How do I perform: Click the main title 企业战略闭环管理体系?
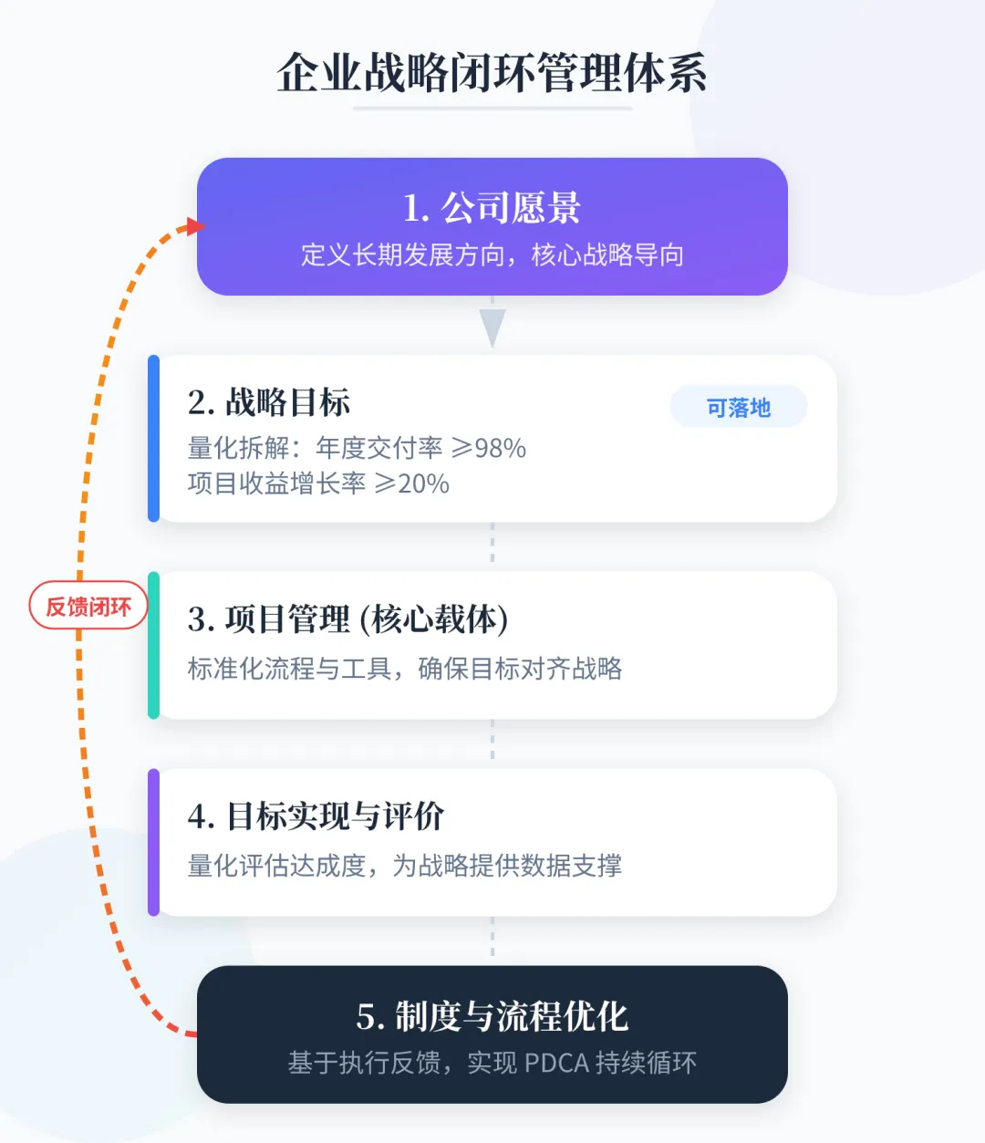pos(492,73)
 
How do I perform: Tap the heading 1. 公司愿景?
pos(492,208)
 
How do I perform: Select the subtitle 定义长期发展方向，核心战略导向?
pos(492,255)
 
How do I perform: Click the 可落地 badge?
pos(738,407)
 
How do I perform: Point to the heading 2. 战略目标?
pos(269,402)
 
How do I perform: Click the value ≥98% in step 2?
pos(489,448)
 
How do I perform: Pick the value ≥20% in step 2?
pos(412,483)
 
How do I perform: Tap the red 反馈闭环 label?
pos(88,606)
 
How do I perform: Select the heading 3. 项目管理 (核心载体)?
pos(347,619)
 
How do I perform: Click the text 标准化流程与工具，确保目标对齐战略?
pos(404,669)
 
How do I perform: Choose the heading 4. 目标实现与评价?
pos(316,816)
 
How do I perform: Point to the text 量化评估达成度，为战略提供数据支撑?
pos(404,865)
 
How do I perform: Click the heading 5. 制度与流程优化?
pos(492,1016)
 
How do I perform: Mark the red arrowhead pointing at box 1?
pos(193,225)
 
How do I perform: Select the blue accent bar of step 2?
pos(153,439)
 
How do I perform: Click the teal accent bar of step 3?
pos(153,645)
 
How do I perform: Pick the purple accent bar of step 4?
pos(153,842)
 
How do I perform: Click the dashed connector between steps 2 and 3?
pos(493,546)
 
